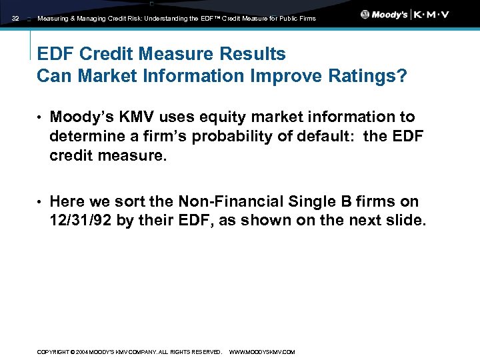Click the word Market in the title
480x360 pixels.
[x=109, y=76]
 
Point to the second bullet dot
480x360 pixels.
[x=39, y=202]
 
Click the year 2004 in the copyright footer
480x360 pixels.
[x=82, y=351]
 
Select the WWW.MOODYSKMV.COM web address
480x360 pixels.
[x=261, y=351]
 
